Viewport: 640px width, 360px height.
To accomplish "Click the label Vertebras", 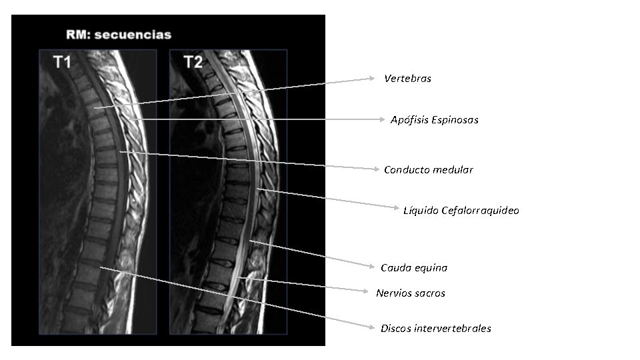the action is pos(407,79).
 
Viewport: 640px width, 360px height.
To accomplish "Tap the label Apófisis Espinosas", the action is pos(434,120).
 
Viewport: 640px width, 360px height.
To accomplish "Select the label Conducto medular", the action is pos(428,170).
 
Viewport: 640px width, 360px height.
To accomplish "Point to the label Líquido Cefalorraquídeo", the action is pos(461,211).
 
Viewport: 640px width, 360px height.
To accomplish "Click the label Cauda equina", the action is pos(413,268).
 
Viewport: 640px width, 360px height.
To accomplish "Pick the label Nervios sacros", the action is pos(410,293).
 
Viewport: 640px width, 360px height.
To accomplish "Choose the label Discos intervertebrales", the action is pos(435,329).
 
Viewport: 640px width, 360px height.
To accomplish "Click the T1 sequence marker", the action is pos(62,63).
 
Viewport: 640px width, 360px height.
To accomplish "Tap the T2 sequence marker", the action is pos(193,63).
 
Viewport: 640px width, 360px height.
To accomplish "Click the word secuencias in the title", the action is pos(133,35).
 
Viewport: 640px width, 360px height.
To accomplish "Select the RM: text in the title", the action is pos(78,35).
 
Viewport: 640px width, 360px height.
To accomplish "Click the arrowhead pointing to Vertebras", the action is pos(373,78).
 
